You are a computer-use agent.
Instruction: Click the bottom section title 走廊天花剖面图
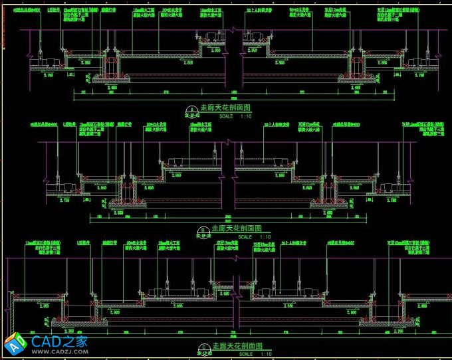click(236, 346)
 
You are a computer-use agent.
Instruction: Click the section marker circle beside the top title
click(192, 109)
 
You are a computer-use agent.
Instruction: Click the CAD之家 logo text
click(60, 342)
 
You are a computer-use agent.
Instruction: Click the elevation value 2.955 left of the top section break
click(215, 50)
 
